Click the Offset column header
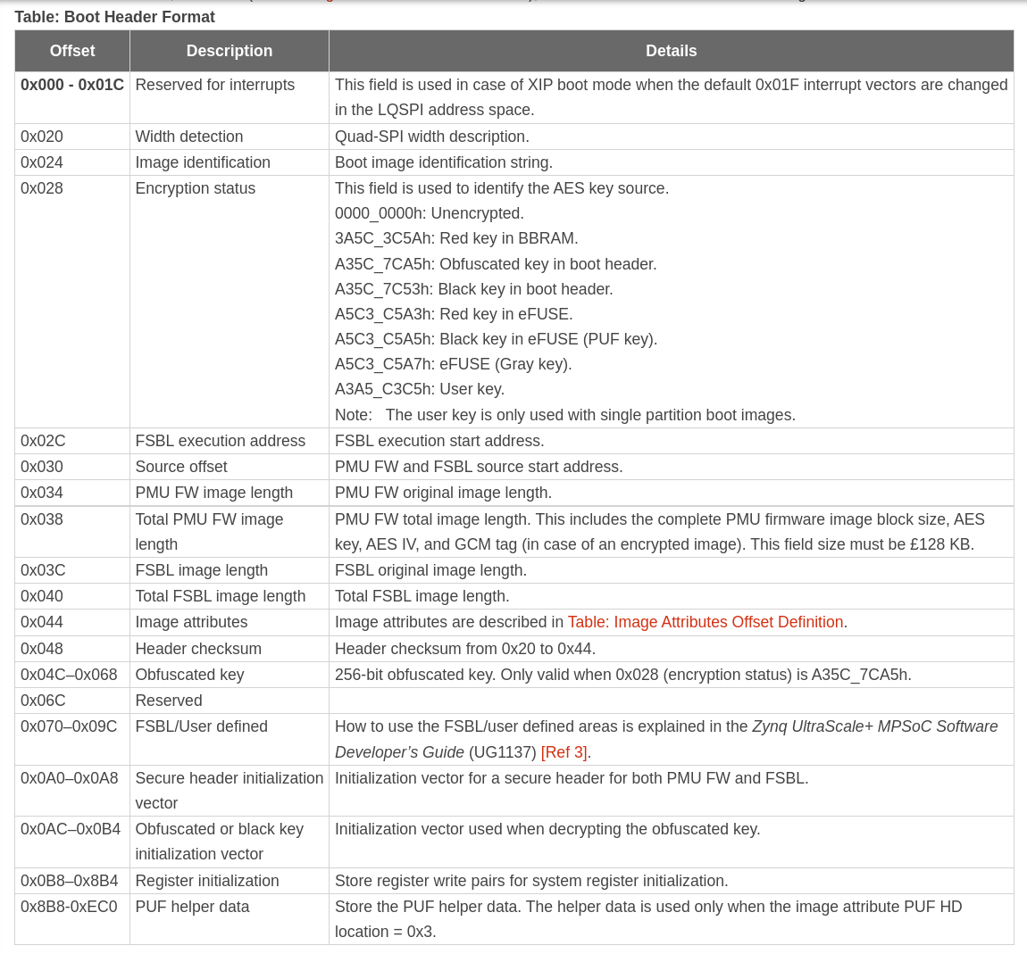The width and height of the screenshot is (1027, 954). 72,51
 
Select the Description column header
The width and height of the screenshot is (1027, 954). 230,51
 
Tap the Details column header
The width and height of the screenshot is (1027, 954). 671,51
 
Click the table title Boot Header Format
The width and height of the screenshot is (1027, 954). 114,17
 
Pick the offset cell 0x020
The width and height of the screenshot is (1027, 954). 42,137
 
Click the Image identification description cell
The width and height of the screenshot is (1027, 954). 203,162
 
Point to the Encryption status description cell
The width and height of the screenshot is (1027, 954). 196,188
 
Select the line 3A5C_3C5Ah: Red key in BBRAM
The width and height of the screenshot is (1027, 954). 456,238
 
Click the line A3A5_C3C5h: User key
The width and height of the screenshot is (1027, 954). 420,389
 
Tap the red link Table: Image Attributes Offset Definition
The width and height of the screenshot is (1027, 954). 706,622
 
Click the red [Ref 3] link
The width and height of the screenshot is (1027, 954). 564,752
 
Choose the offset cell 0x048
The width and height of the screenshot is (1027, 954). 42,649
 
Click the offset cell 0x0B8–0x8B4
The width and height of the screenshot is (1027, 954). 70,881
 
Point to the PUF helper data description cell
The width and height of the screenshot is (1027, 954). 192,907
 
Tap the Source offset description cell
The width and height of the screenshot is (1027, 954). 181,467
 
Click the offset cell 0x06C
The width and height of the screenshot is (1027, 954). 43,701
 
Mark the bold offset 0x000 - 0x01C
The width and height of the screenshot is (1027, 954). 72,85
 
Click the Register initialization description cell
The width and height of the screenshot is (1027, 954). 207,881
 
